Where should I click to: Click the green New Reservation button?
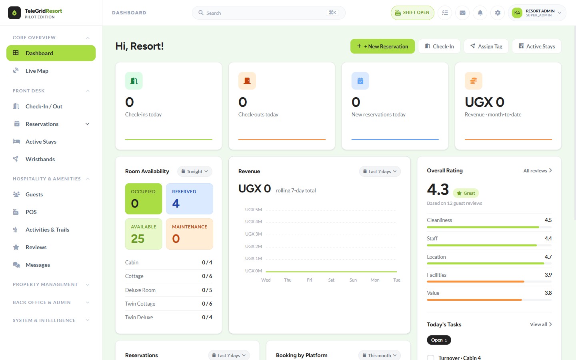click(382, 46)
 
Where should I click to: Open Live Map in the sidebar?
click(37, 71)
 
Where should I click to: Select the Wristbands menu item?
click(40, 159)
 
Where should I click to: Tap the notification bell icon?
click(480, 13)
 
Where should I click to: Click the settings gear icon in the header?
click(498, 13)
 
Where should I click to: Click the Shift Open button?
click(412, 13)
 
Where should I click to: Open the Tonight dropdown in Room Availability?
click(195, 172)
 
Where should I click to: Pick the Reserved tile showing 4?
click(190, 199)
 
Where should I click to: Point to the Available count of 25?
click(138, 239)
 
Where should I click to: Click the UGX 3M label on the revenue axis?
click(253, 234)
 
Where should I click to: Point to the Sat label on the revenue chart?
click(331, 280)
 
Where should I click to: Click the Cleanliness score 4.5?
click(548, 220)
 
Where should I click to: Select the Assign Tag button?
click(486, 46)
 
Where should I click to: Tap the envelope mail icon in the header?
click(462, 13)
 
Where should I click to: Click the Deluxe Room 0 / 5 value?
click(207, 290)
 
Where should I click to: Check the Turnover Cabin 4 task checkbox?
click(430, 358)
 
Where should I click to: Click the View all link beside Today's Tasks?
click(541, 324)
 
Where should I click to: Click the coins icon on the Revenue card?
click(474, 81)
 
